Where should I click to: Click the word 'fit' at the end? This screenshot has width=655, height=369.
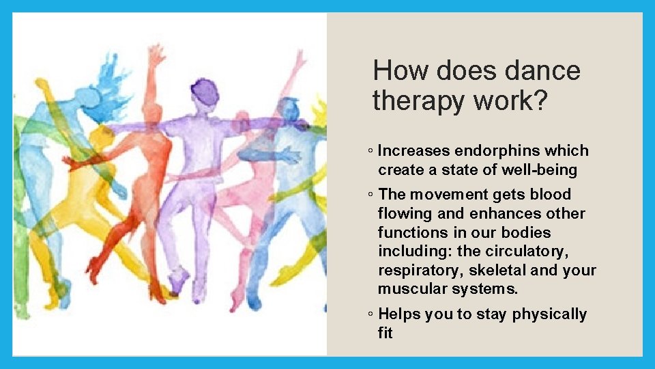click(385, 333)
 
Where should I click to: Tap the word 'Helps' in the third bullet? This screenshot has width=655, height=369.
click(399, 314)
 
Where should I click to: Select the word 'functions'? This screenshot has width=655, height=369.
click(412, 232)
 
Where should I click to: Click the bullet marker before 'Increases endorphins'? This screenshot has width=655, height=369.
click(369, 151)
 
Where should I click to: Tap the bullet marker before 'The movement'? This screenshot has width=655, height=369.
click(369, 195)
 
